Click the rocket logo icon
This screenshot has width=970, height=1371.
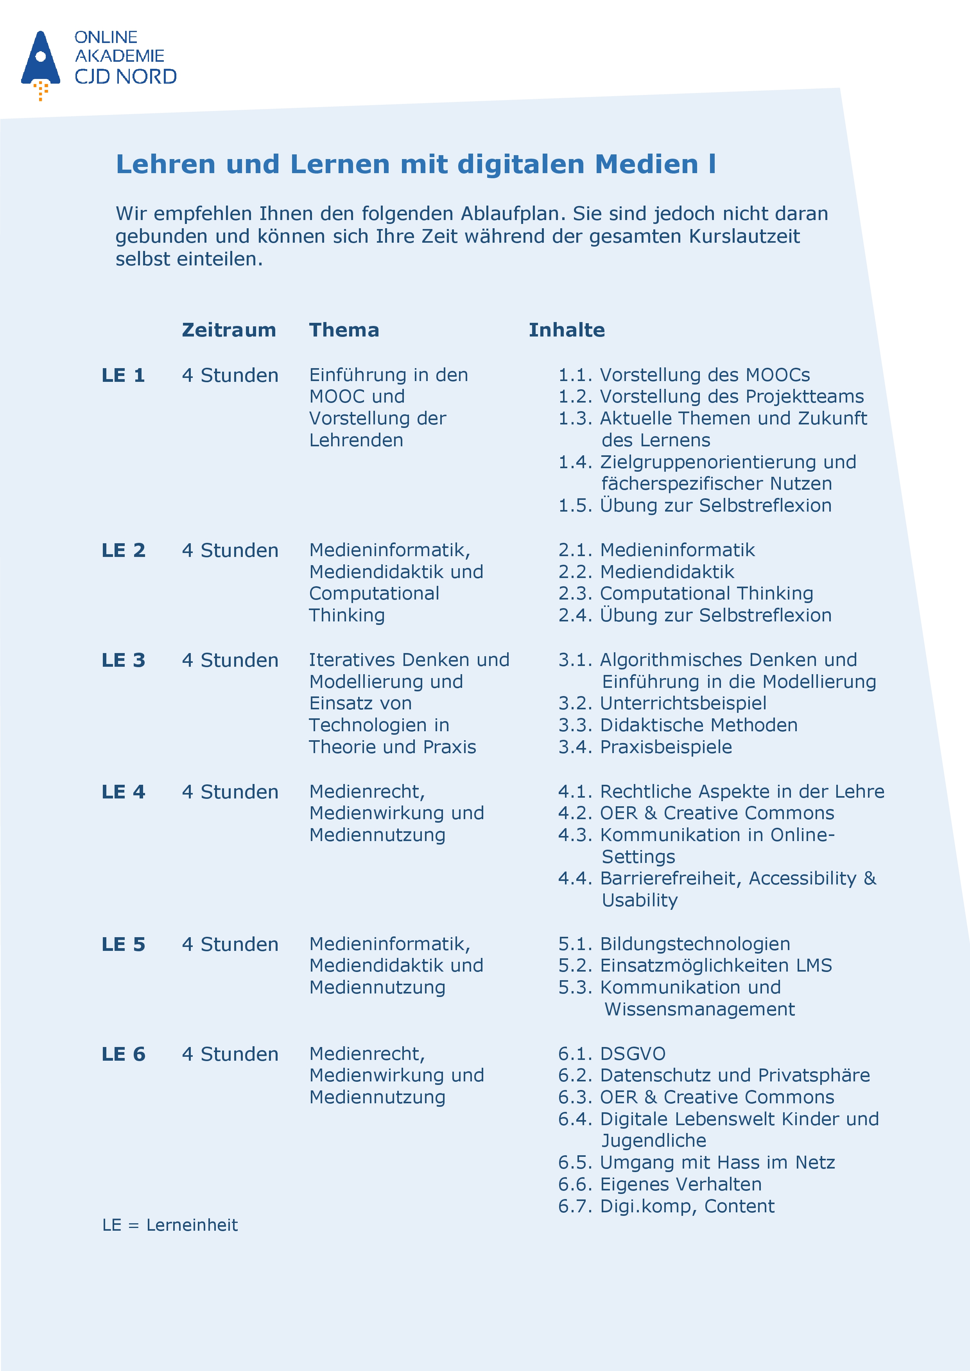41,62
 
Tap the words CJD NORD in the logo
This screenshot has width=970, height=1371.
126,77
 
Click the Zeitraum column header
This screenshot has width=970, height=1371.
229,330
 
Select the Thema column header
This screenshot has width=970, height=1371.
344,330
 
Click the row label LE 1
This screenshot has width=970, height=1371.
123,376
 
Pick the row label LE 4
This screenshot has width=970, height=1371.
123,792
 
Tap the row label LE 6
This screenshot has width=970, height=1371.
123,1054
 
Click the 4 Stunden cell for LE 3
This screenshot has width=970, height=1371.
230,660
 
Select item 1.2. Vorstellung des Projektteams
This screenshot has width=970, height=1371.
711,397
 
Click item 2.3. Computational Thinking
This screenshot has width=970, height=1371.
686,594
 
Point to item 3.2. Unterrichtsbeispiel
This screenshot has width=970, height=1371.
662,703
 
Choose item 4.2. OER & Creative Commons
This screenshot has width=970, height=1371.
696,813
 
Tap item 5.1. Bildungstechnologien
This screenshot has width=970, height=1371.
674,944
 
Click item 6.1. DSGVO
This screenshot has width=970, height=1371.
611,1054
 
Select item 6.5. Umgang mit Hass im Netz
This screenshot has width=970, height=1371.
696,1163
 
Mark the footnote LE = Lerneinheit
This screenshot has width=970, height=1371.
170,1225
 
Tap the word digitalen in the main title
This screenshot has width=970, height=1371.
520,164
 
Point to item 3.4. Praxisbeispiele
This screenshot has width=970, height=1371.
645,747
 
